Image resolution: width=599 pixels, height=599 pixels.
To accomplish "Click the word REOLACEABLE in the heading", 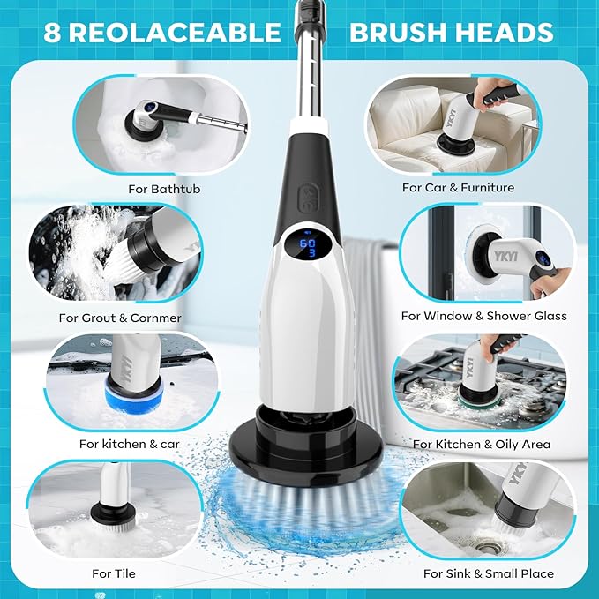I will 173,34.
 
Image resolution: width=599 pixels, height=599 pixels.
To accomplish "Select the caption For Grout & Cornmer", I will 119,317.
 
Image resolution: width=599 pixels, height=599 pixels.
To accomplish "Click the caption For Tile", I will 114,573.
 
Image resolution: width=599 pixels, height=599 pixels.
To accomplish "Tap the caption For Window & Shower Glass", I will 483,315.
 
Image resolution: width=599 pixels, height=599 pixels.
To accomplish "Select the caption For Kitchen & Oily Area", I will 481,444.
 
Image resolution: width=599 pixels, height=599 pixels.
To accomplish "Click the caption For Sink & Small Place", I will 489,573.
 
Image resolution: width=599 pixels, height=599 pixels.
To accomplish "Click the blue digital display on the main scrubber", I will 308,246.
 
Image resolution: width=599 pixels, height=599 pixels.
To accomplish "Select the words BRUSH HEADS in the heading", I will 451,34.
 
